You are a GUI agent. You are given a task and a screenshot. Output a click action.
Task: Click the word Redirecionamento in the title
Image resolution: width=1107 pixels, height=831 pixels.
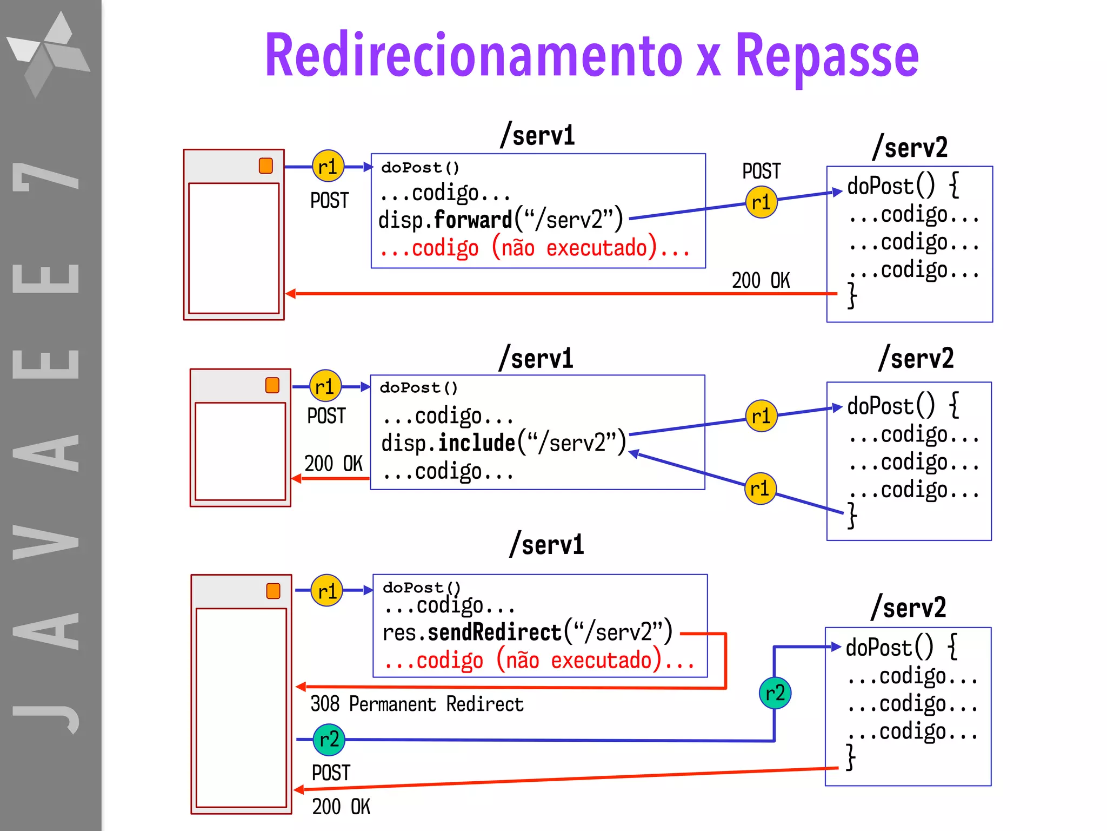(474, 56)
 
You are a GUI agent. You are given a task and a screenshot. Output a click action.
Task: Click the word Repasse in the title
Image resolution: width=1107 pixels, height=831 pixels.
(826, 56)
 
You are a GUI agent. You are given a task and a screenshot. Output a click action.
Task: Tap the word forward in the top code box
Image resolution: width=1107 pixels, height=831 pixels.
(472, 220)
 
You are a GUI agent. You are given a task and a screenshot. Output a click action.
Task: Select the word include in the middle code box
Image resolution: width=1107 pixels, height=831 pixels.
(476, 443)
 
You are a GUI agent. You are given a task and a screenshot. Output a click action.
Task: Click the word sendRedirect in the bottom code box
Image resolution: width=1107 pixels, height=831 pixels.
(495, 632)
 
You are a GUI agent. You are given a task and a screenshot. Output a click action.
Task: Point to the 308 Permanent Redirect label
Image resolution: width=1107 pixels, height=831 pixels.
(417, 704)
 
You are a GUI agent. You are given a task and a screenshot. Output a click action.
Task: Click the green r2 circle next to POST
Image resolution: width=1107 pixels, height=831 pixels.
(329, 739)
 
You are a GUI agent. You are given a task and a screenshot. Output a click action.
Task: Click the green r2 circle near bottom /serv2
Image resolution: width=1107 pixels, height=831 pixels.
(775, 692)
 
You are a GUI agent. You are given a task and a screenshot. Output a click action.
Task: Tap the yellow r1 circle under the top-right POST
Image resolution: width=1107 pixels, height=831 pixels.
(761, 202)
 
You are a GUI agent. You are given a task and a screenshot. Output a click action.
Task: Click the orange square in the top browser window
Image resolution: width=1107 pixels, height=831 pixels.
(265, 166)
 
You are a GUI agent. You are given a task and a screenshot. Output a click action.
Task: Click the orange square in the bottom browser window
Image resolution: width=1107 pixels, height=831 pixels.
(273, 591)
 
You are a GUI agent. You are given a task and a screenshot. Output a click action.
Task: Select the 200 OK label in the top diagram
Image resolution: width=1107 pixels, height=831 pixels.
(761, 280)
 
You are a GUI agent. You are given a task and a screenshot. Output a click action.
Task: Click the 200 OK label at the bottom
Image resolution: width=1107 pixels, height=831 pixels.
(341, 807)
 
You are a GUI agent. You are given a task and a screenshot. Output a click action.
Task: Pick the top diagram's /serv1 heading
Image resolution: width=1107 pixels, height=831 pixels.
(537, 135)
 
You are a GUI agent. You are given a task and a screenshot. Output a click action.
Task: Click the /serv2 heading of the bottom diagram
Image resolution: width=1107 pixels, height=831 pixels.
(909, 607)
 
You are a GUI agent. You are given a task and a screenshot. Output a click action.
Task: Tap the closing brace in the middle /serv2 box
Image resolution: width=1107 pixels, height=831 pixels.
(852, 515)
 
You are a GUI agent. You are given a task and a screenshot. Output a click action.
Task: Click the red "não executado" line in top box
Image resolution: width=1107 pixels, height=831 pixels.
(535, 248)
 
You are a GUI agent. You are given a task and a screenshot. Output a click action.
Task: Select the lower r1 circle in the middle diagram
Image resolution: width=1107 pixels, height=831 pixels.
(760, 489)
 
